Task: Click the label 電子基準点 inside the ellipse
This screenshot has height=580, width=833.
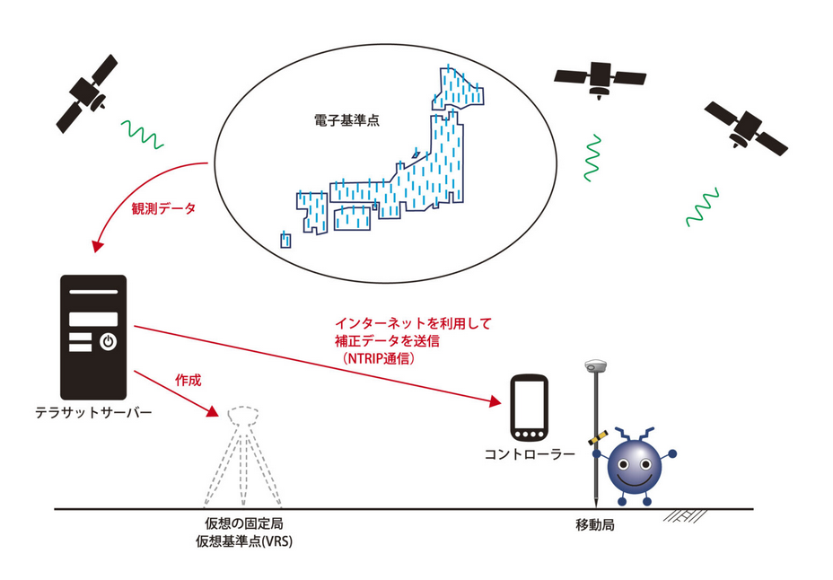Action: tap(346, 120)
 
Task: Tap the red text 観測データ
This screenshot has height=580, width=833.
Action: tap(164, 208)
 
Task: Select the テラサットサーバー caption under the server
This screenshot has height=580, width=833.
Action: tap(93, 413)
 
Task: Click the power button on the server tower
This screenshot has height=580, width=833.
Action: tap(108, 341)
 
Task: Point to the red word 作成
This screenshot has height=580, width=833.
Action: tap(188, 380)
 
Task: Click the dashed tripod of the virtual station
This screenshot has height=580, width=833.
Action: tap(244, 458)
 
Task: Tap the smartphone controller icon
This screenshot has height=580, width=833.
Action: tap(529, 409)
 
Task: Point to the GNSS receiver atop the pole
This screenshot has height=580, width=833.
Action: tap(594, 365)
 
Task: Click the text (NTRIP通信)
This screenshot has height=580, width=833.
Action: tap(376, 357)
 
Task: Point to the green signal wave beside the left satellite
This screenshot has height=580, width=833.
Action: tap(144, 136)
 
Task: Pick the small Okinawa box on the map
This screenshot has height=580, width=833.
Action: tap(285, 240)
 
